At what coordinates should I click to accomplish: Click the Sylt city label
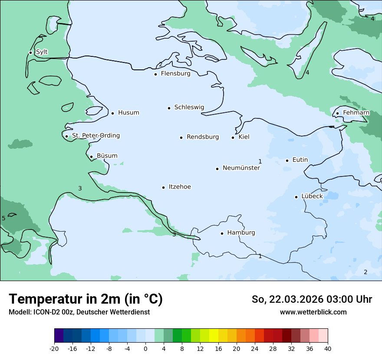42,52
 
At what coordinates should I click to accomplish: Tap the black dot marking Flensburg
155,74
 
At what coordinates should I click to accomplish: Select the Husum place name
128,113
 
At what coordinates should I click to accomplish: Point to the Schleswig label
189,107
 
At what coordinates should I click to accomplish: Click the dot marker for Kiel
233,137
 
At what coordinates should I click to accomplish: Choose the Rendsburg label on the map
203,137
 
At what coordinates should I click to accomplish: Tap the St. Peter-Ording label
95,136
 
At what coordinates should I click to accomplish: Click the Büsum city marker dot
91,157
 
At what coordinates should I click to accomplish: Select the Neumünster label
241,168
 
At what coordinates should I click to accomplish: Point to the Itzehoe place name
179,187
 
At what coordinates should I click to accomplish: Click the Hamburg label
241,232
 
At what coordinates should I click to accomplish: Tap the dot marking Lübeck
296,197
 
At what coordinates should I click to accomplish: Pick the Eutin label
300,160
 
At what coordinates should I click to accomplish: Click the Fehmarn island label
356,113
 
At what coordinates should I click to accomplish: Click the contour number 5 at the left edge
3,218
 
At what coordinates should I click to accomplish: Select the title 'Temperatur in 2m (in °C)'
86,299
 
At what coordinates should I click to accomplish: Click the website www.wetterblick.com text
313,312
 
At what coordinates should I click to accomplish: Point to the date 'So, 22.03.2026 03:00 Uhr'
312,299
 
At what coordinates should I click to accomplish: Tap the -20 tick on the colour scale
54,348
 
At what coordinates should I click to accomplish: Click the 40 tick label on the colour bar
327,348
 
